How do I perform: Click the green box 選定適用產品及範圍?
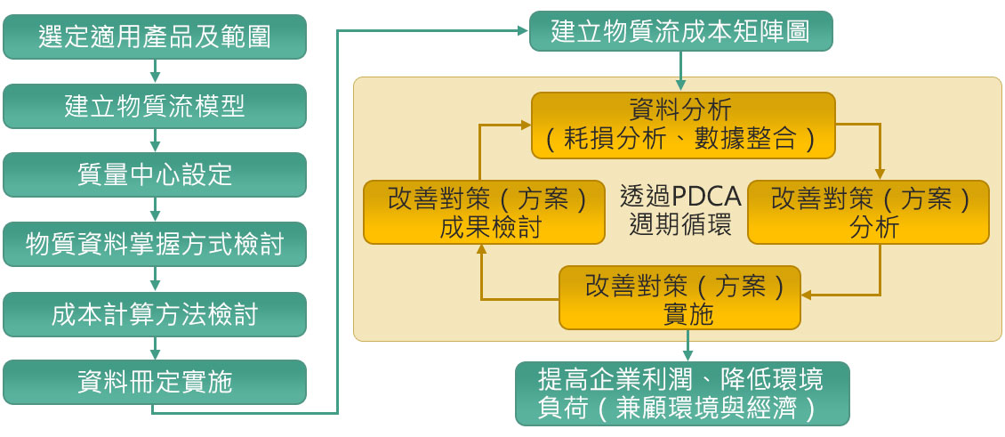click(x=155, y=36)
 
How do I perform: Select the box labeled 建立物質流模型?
click(x=155, y=106)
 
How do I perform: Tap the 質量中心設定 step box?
click(x=155, y=174)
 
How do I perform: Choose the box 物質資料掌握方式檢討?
click(x=155, y=244)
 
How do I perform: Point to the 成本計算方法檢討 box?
click(x=155, y=313)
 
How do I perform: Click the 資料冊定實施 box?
click(x=155, y=382)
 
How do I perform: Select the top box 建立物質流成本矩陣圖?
click(x=680, y=32)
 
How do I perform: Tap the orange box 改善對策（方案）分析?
click(x=868, y=212)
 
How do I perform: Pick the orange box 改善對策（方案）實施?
click(x=679, y=298)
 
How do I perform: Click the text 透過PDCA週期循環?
click(x=680, y=211)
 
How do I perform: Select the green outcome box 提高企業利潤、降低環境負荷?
click(x=682, y=392)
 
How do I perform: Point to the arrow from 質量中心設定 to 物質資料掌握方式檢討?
click(x=155, y=209)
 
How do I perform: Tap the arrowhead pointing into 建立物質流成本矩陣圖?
click(x=522, y=31)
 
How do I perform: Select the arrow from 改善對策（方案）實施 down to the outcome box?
click(x=687, y=344)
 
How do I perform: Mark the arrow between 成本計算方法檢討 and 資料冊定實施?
click(x=155, y=347)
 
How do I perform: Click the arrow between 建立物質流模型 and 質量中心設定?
click(x=155, y=140)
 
